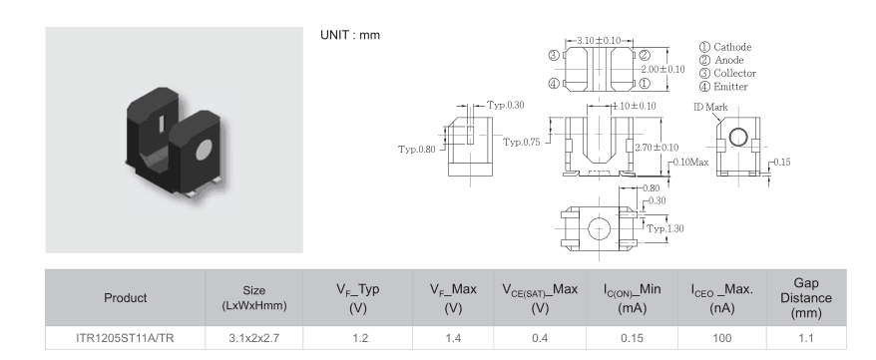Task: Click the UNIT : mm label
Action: [350, 35]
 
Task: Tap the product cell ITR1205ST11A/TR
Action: [125, 338]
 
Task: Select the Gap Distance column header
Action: [806, 298]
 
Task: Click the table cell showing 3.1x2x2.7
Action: [253, 338]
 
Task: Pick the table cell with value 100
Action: [721, 338]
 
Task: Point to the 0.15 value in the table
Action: [632, 338]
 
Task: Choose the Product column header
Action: [125, 298]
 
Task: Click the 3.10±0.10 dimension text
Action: [599, 41]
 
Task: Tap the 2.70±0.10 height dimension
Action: [657, 148]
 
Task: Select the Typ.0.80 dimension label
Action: [417, 149]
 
